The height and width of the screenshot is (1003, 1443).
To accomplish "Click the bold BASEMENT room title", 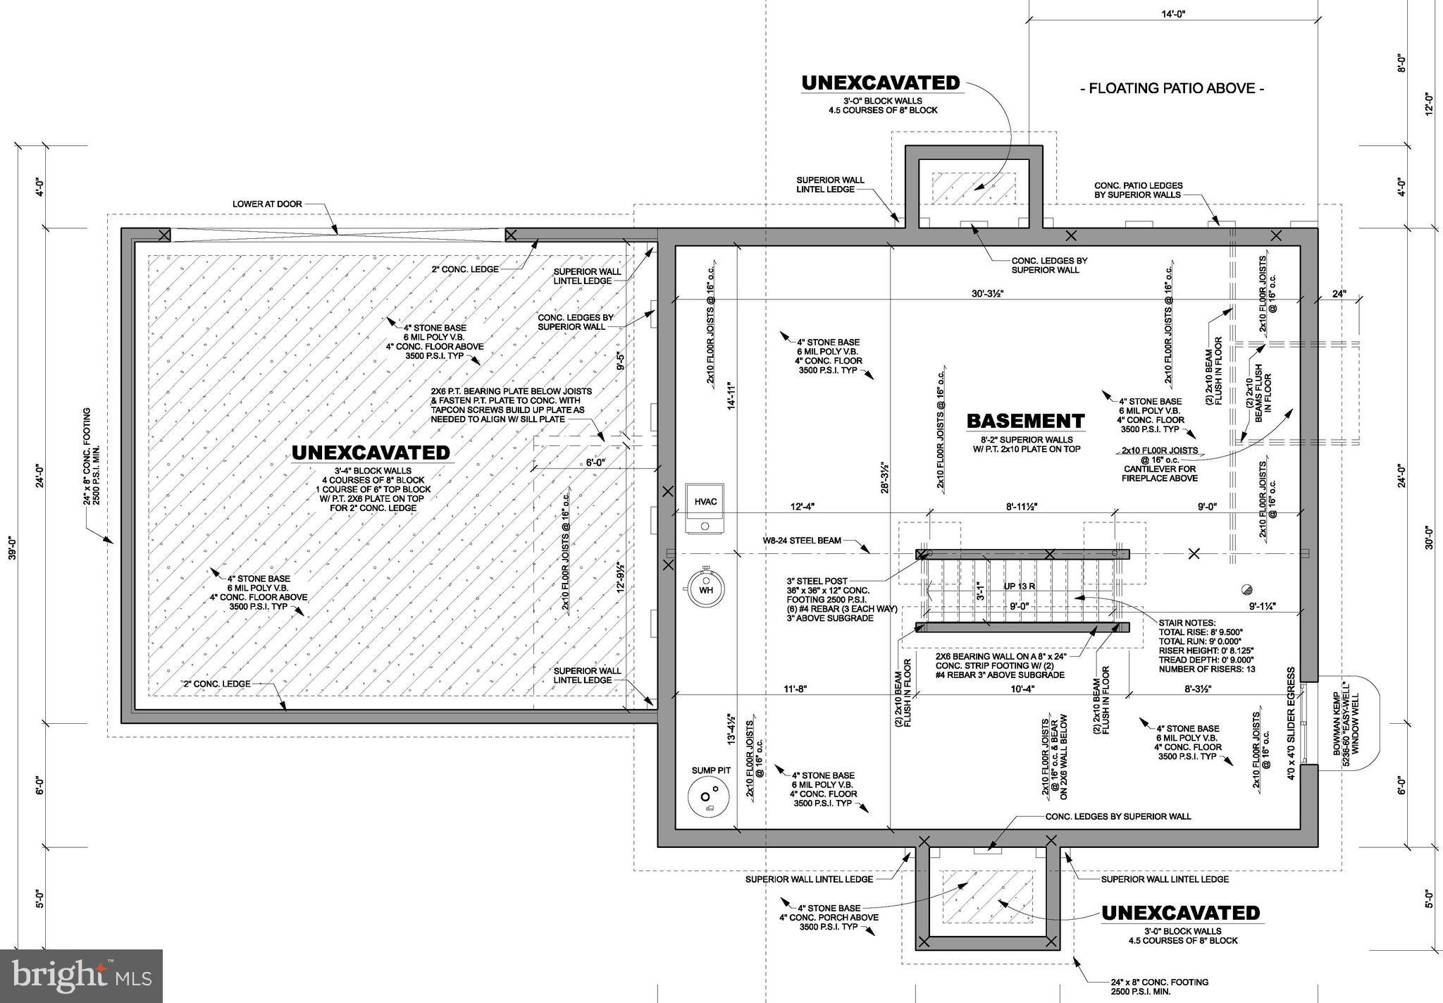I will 1024,421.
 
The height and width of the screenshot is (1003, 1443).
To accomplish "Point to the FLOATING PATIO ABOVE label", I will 1172,89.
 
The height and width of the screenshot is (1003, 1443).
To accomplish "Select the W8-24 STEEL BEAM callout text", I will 801,541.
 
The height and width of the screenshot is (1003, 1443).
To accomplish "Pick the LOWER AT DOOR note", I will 267,204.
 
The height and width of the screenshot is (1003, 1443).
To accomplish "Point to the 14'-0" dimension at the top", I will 1173,13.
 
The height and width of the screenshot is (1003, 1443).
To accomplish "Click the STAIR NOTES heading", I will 1187,623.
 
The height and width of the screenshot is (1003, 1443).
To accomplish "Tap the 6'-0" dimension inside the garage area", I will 595,463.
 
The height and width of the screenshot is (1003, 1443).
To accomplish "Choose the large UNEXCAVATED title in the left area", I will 371,453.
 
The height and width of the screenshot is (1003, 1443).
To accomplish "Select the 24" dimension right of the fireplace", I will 1339,294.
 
